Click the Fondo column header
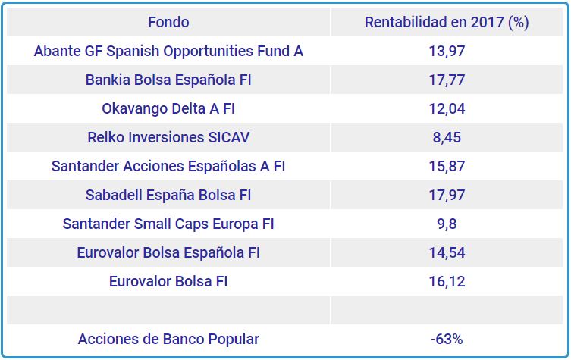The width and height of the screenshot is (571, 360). [x=168, y=22]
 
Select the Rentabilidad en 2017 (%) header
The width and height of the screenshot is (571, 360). [x=447, y=22]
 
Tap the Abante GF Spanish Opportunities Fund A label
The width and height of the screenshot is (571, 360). [x=168, y=52]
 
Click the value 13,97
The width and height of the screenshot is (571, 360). [x=447, y=52]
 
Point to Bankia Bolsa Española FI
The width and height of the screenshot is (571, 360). [x=168, y=80]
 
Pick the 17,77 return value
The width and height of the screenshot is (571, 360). [x=447, y=80]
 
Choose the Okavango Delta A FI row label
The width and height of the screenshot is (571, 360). [x=168, y=108]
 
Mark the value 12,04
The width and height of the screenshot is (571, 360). [x=447, y=108]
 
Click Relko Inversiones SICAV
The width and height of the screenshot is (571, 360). [x=168, y=137]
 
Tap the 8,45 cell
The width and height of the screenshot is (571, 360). [x=447, y=137]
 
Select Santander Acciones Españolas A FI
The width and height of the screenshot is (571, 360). [x=168, y=166]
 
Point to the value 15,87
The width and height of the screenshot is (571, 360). [x=447, y=166]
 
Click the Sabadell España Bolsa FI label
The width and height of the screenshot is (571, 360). [x=168, y=195]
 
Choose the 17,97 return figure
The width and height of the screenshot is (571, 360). [x=447, y=195]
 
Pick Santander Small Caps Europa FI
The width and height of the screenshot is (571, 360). [x=168, y=224]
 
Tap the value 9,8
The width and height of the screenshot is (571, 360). [x=447, y=224]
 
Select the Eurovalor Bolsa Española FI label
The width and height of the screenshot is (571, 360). [x=168, y=252]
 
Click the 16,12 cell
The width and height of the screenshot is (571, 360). [x=447, y=281]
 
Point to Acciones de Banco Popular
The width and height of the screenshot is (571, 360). [x=168, y=339]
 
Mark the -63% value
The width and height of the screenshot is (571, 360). [x=447, y=339]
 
